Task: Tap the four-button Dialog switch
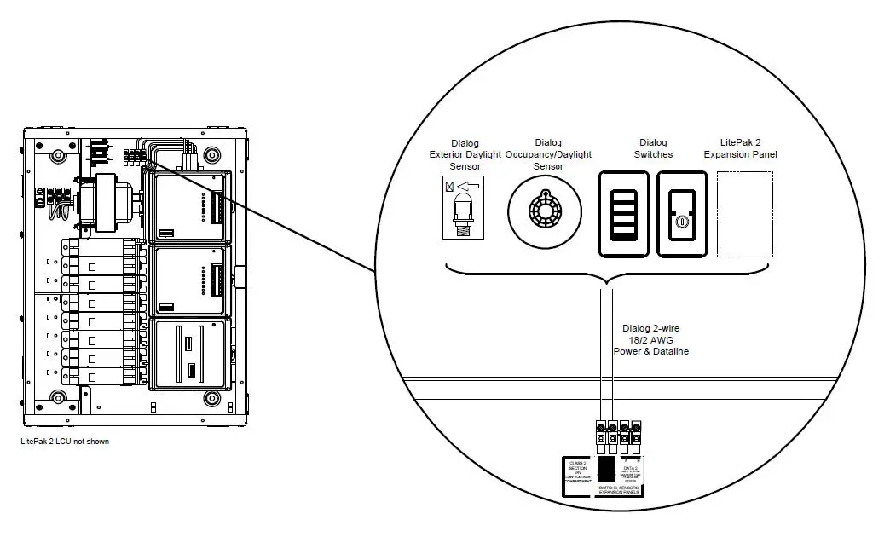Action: (x=624, y=214)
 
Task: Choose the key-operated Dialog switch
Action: (x=681, y=214)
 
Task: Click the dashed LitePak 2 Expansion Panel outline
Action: (x=745, y=215)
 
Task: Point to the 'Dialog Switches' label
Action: (x=653, y=148)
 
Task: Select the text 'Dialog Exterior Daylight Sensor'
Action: (x=465, y=154)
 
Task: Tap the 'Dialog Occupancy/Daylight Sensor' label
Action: (x=548, y=154)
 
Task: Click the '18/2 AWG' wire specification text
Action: (x=651, y=339)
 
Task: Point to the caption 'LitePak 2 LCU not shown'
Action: (x=65, y=442)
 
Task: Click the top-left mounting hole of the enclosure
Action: (x=58, y=157)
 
